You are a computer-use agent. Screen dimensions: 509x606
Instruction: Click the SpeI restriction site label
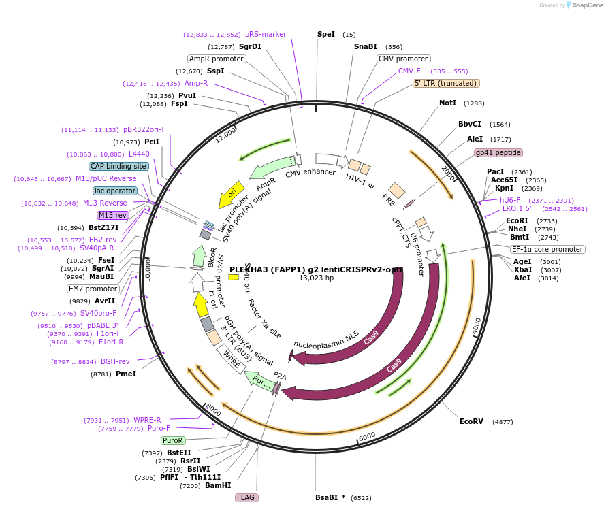tap(326, 34)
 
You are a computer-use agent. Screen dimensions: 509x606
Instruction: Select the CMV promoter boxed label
tap(403, 59)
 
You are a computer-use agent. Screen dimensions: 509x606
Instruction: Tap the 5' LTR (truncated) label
tap(447, 83)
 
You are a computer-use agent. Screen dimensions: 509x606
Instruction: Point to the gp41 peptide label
tap(498, 152)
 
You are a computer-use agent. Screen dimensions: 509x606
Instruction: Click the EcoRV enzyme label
tap(471, 421)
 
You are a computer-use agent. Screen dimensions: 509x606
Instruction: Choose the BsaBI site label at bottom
tap(326, 498)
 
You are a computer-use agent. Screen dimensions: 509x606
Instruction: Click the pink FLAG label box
tap(246, 497)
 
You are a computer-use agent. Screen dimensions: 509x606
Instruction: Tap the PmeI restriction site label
tap(126, 374)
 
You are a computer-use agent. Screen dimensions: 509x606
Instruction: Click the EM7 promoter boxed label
tap(93, 289)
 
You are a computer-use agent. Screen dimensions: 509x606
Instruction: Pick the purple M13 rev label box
tap(113, 215)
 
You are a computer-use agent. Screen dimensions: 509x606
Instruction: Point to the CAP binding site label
tap(118, 166)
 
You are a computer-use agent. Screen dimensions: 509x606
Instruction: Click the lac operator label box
tap(115, 191)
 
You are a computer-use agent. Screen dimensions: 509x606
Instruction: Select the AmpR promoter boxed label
tap(217, 59)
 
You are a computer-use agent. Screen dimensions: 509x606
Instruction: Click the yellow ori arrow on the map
tap(231, 195)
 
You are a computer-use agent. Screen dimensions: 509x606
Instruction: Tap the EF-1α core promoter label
tap(547, 249)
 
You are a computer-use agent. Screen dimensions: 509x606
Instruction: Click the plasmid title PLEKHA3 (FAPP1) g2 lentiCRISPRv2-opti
tap(316, 269)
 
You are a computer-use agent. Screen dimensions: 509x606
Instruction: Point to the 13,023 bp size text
tap(316, 278)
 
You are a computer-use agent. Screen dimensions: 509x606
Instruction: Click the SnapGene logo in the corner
tap(584, 5)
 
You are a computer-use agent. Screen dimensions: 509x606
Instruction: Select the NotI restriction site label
tap(447, 103)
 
